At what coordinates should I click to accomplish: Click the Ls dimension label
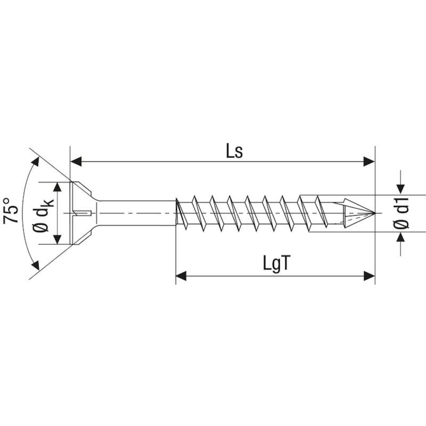click(x=234, y=152)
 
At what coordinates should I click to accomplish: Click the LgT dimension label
click(x=276, y=264)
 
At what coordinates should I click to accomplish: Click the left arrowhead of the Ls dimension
click(x=76, y=162)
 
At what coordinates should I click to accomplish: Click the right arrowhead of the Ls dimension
click(x=369, y=162)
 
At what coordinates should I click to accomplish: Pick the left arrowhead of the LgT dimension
click(x=181, y=276)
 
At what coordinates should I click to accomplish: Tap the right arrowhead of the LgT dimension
click(x=369, y=276)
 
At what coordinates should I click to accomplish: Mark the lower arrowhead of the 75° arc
click(x=36, y=265)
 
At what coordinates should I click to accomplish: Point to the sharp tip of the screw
click(x=374, y=213)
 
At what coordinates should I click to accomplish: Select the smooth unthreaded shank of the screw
click(x=136, y=213)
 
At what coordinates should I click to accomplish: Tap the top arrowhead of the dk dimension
click(x=58, y=187)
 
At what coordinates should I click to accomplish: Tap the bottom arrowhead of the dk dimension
click(x=58, y=239)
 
